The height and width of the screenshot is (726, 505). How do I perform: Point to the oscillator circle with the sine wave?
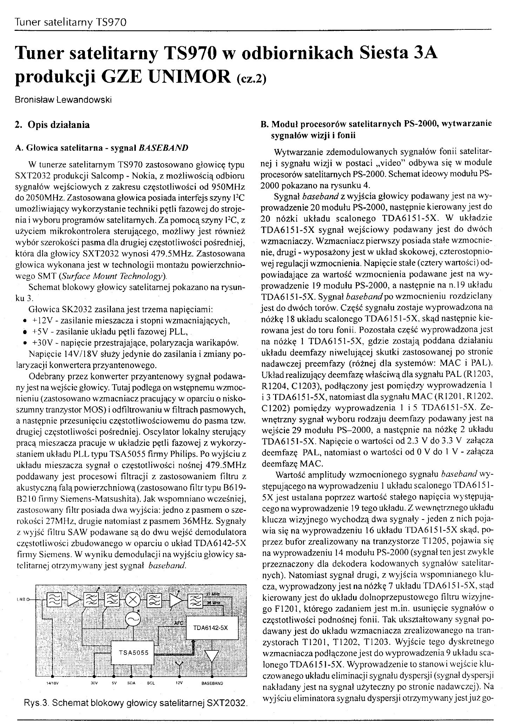(x=133, y=620)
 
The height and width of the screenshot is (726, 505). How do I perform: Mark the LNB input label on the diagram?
(x=21, y=600)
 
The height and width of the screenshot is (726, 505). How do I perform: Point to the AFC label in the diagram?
(x=179, y=623)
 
